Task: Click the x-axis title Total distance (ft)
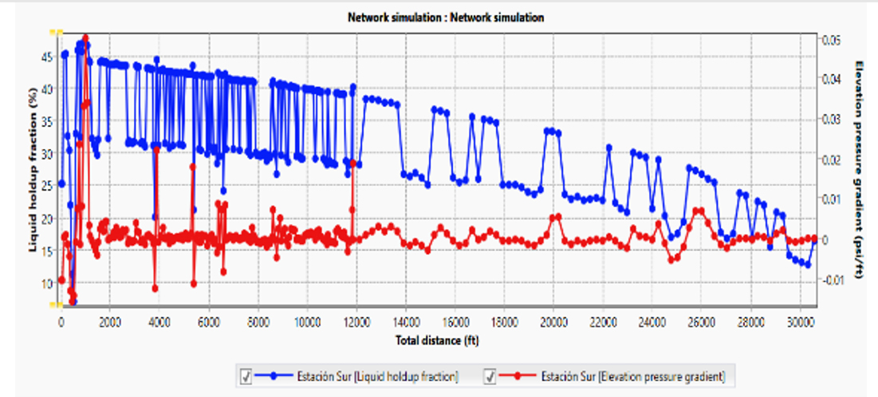click(438, 340)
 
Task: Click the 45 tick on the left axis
click(47, 56)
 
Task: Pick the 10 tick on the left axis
click(47, 283)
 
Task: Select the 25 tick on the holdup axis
click(47, 186)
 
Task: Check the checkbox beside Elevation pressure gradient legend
click(492, 375)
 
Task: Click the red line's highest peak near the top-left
click(85, 37)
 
